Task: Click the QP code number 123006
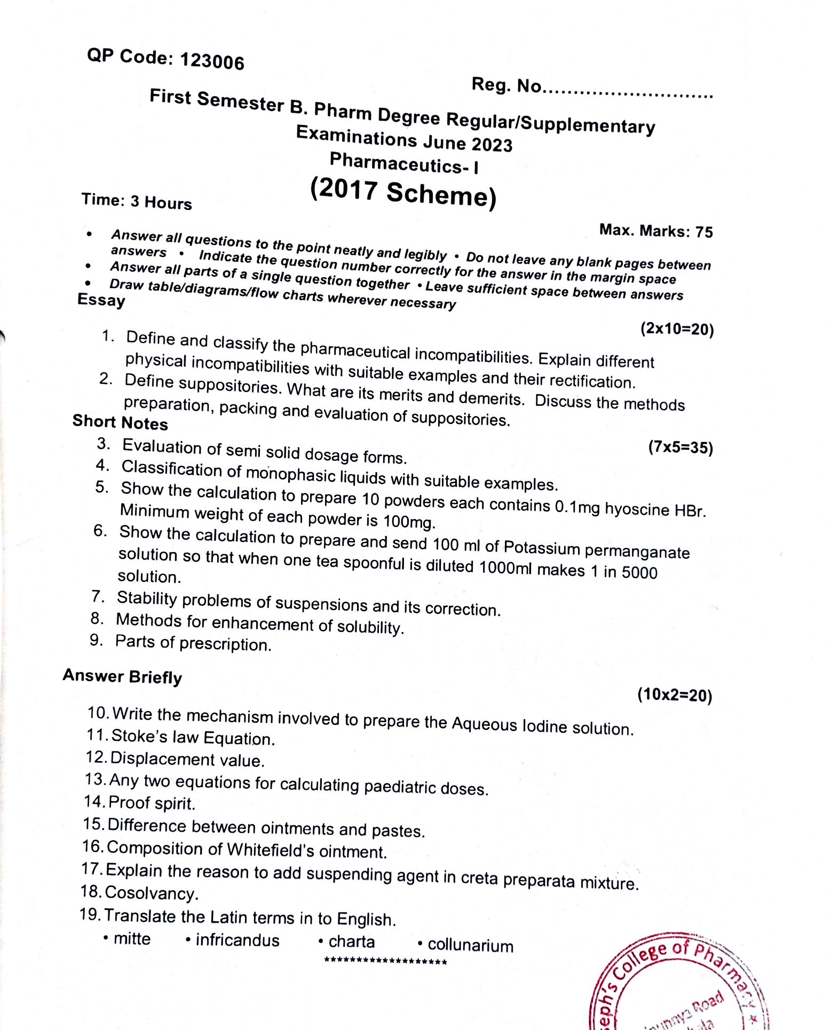click(x=212, y=61)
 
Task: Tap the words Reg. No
click(x=506, y=85)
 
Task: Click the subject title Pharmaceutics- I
click(x=404, y=163)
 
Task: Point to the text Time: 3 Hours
click(x=137, y=201)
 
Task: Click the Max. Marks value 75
click(x=704, y=232)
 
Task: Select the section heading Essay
click(x=101, y=300)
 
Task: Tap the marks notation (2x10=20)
click(x=677, y=329)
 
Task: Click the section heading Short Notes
click(x=120, y=422)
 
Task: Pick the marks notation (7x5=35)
click(x=680, y=447)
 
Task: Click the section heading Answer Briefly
click(x=122, y=676)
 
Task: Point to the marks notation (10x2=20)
click(x=675, y=695)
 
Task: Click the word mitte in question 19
click(x=132, y=939)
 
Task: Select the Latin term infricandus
click(x=237, y=940)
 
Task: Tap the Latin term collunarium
click(x=470, y=946)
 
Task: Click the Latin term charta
click(x=351, y=942)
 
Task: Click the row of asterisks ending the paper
click(x=385, y=962)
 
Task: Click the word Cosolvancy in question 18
click(x=152, y=893)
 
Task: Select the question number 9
click(x=96, y=640)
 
